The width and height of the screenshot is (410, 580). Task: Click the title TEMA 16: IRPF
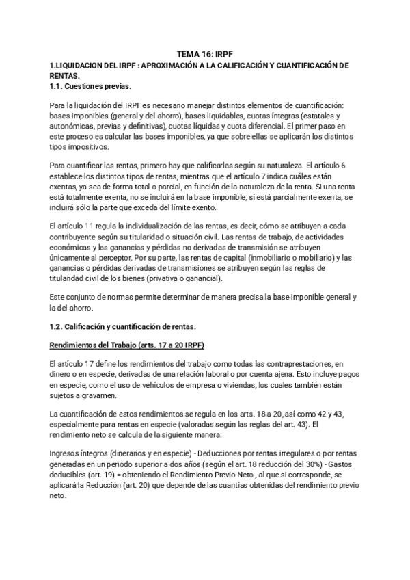(205, 53)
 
